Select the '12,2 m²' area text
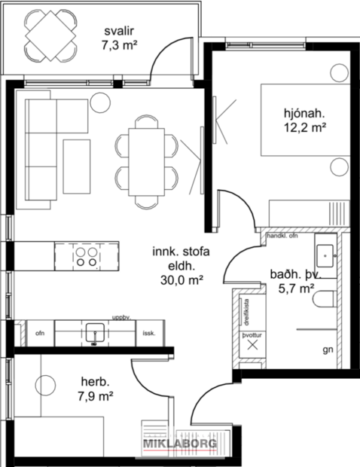click(305, 129)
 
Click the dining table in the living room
click(146, 160)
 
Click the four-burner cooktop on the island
click(86, 257)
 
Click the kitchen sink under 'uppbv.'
click(95, 331)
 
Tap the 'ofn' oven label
click(40, 333)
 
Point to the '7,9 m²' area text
click(95, 395)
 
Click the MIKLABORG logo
click(180, 444)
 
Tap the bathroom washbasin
click(326, 254)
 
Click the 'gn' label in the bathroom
click(327, 350)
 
